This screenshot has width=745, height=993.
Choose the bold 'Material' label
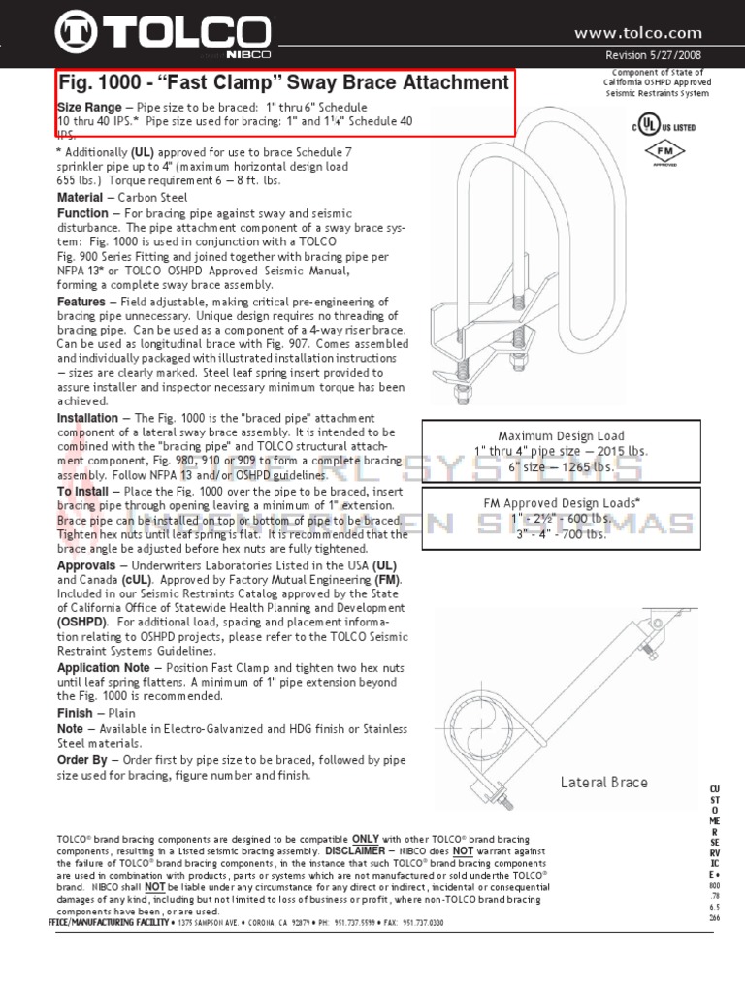[x=80, y=198]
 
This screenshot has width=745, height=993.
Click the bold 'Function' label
[x=82, y=213]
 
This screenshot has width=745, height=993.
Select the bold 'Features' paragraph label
[x=81, y=303]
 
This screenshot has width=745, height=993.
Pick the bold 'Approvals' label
[x=86, y=564]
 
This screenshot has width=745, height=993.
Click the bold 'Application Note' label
[x=103, y=668]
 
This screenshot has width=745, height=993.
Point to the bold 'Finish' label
[x=76, y=713]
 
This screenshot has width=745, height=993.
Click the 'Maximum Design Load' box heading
[x=562, y=436]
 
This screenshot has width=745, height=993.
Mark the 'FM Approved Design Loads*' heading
[x=562, y=503]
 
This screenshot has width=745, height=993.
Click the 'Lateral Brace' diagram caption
[x=603, y=783]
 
